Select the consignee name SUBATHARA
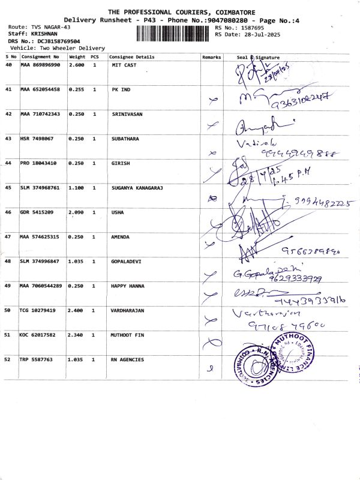125,139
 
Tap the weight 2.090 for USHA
76,212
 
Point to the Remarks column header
212,57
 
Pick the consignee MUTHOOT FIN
128,335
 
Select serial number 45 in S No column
8,188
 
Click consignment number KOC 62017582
40,335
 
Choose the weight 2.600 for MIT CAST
76,64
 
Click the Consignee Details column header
131,57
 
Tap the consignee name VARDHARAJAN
128,310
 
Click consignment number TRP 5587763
37,359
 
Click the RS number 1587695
251,28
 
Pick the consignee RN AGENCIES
128,359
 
